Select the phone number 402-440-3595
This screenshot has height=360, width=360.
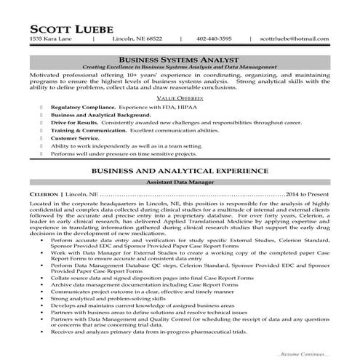pyautogui.click(x=215, y=39)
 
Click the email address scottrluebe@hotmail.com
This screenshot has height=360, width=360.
pyautogui.click(x=295, y=39)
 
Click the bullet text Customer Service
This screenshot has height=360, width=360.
pyautogui.click(x=74, y=137)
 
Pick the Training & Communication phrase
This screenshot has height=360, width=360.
pyautogui.click(x=88, y=130)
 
